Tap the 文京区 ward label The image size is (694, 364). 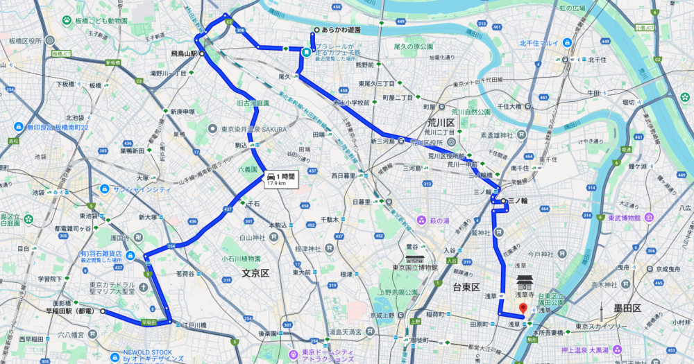pos(255,273)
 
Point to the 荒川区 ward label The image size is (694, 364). pos(441,122)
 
